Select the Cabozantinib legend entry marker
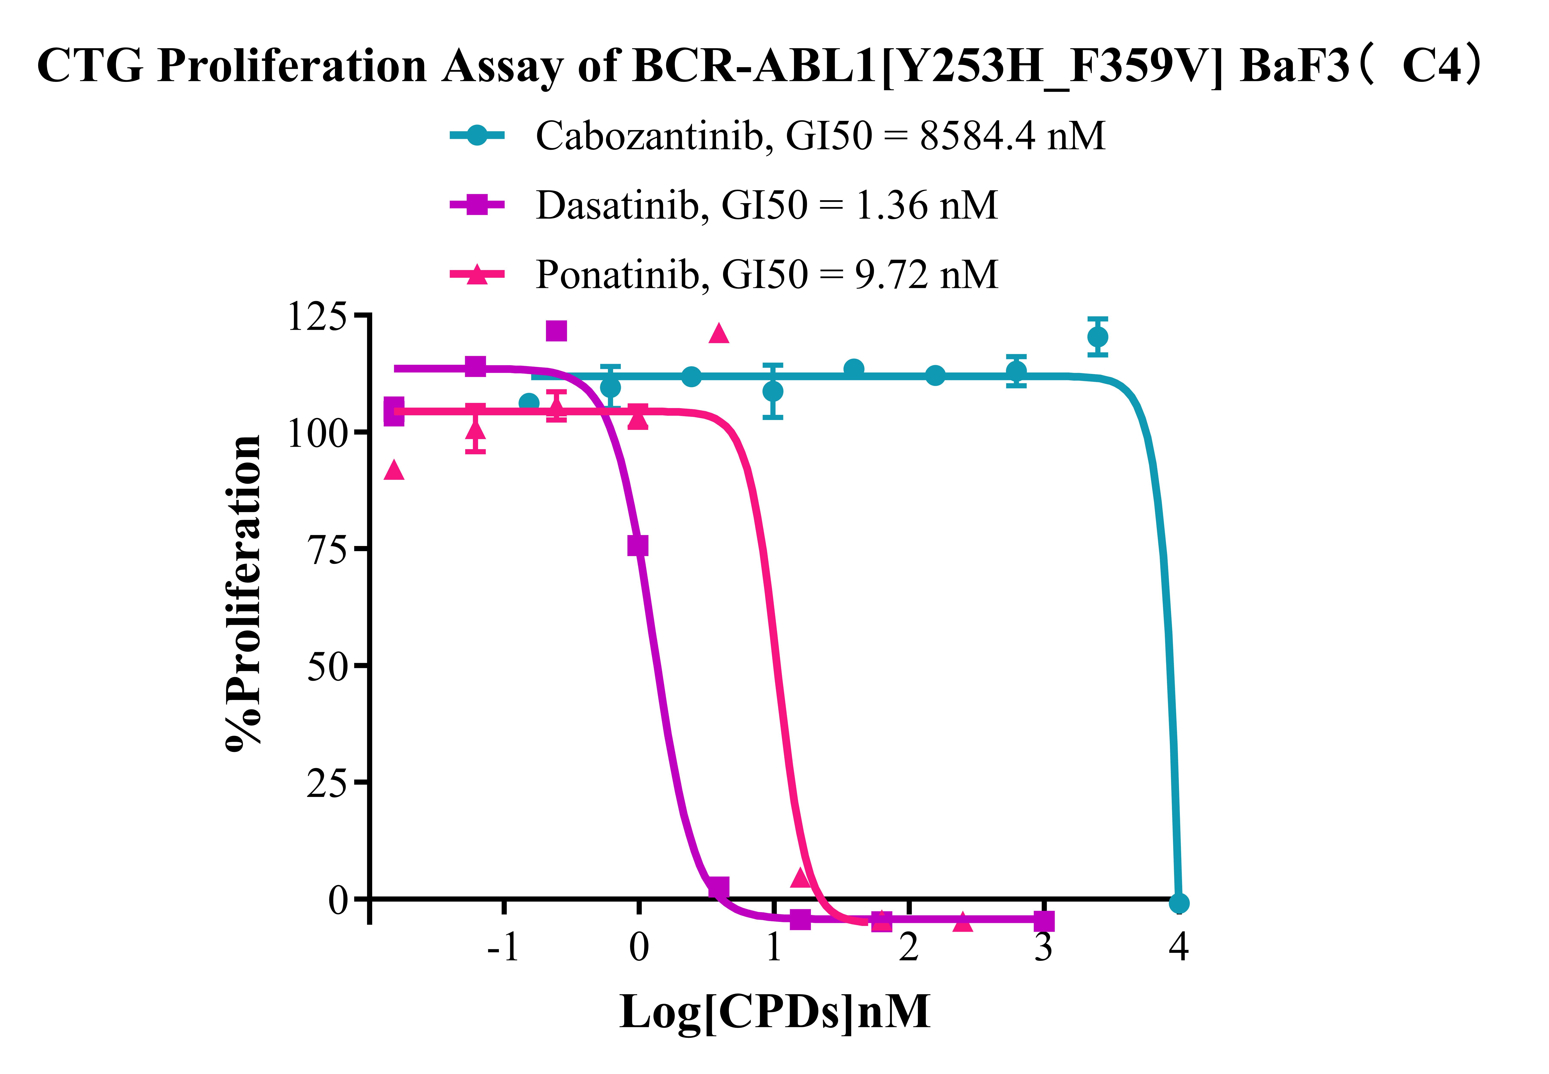477,135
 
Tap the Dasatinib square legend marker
477,205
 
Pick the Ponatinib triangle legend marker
477,274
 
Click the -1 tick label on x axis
504,948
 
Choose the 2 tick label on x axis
909,948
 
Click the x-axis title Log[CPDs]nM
774,1011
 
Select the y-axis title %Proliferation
244,592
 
